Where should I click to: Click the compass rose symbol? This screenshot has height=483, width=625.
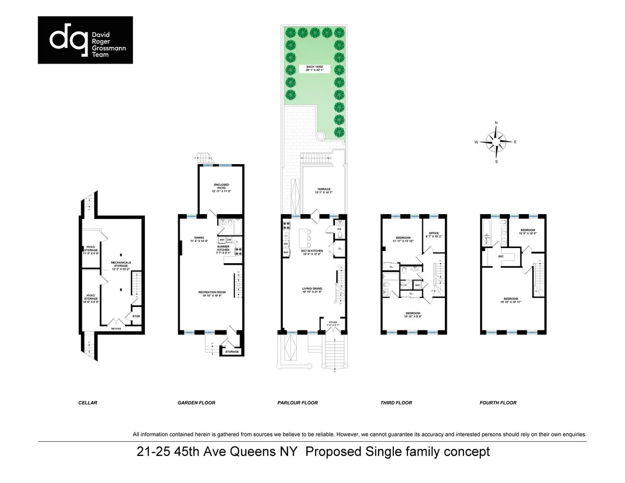(496, 142)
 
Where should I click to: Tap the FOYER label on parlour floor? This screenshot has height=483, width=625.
(332, 323)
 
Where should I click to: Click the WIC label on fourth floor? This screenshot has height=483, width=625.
(501, 256)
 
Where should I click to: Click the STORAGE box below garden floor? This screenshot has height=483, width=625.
(232, 352)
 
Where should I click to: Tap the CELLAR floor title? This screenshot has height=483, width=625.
(87, 403)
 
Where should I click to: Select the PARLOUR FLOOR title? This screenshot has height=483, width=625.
(297, 403)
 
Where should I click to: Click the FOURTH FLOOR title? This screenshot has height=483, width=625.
(498, 403)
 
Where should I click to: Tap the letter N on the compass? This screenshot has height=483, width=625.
(496, 123)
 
